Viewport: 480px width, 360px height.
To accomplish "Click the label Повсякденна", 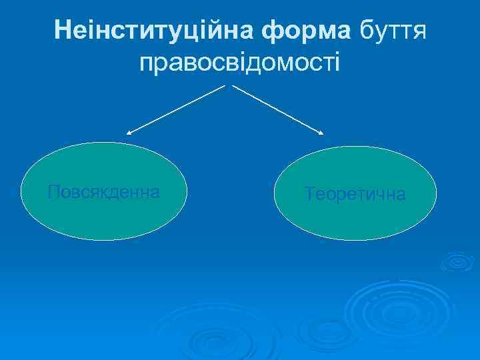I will coord(104,193).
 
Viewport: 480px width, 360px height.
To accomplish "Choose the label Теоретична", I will coord(355,194).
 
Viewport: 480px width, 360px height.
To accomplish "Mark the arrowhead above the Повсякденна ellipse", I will coord(129,134).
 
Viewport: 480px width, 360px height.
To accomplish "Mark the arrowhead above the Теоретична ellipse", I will coord(321,133).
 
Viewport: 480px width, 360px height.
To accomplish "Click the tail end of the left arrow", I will coord(225,86).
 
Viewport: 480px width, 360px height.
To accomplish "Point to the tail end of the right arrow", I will coord(233,86).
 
